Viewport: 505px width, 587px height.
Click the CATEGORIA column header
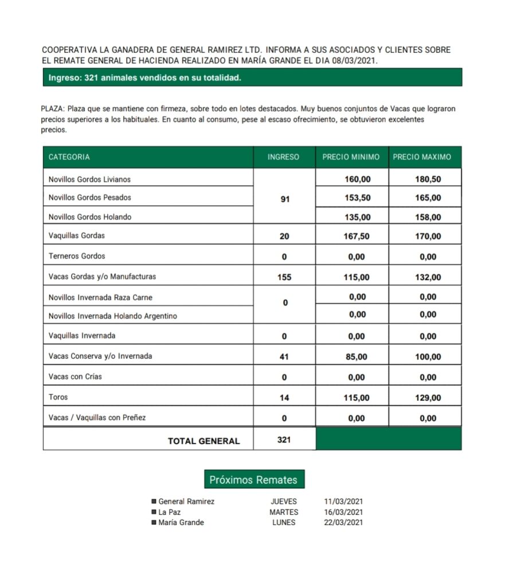[69, 157]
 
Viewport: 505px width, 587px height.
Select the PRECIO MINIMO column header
[351, 157]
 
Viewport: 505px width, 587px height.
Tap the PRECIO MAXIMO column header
[422, 157]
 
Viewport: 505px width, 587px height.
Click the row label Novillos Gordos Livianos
[89, 179]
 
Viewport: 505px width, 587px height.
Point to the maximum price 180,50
[428, 179]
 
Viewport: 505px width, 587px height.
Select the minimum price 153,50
[358, 198]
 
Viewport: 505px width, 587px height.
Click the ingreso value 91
[285, 199]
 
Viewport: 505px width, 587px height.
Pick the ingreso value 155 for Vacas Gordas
[284, 277]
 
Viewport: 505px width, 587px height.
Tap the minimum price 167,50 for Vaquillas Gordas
[358, 236]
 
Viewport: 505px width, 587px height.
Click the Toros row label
[58, 397]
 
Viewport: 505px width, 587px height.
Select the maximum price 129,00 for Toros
[428, 398]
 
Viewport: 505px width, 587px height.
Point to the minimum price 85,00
[358, 357]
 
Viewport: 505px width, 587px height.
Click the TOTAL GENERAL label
[203, 441]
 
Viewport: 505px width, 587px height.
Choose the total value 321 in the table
[284, 440]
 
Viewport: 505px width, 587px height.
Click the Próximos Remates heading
[253, 480]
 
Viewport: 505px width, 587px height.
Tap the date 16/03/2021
[343, 512]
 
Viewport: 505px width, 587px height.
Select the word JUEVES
[284, 502]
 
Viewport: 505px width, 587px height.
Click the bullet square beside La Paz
[154, 512]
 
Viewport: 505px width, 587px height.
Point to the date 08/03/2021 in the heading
[357, 60]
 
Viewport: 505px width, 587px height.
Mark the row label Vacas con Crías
[75, 377]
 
